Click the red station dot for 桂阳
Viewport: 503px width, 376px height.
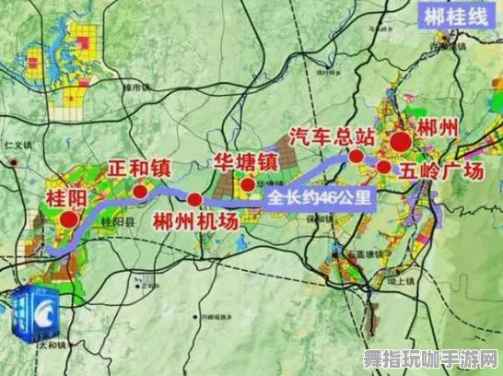pyautogui.click(x=67, y=219)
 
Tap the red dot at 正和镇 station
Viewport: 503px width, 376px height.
pyautogui.click(x=139, y=192)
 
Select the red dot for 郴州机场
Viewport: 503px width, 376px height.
pyautogui.click(x=194, y=200)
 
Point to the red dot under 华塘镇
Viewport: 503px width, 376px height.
pyautogui.click(x=248, y=184)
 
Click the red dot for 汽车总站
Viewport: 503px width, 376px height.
pyautogui.click(x=356, y=157)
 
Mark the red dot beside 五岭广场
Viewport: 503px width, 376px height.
pyautogui.click(x=383, y=166)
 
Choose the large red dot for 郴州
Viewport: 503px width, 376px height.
pyautogui.click(x=401, y=142)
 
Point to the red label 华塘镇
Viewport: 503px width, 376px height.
pyautogui.click(x=247, y=161)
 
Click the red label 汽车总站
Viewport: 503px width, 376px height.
pyautogui.click(x=332, y=137)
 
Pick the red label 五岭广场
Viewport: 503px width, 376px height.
pyautogui.click(x=442, y=171)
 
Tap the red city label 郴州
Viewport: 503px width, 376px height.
pyautogui.click(x=436, y=129)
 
